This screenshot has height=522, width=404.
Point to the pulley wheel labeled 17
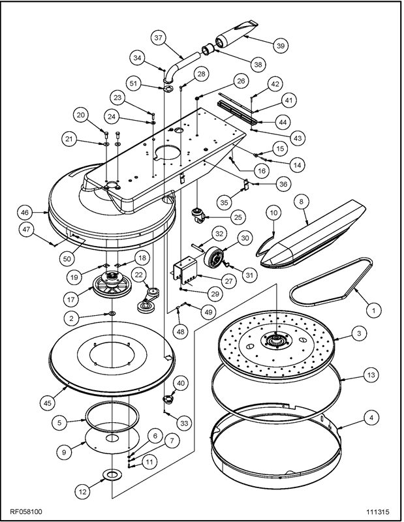[112, 286]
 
